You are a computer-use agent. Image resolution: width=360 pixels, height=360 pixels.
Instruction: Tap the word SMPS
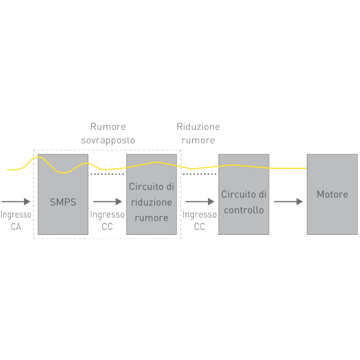63,202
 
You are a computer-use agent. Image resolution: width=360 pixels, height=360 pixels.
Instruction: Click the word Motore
332,195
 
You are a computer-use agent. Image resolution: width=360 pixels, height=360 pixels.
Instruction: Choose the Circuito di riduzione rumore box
151,224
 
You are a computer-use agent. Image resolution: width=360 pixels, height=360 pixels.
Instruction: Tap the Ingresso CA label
16,220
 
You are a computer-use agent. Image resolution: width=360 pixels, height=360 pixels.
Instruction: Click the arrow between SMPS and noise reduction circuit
107,202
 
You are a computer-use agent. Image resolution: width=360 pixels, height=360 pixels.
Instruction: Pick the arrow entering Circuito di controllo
200,202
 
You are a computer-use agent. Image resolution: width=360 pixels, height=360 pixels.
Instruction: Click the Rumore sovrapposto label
108,133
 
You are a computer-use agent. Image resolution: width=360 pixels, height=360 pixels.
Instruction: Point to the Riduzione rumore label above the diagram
198,133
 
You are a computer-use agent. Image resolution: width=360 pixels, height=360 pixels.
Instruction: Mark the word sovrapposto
108,140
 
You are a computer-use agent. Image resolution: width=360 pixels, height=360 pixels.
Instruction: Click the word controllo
244,210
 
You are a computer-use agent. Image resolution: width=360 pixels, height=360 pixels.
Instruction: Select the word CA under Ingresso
16,227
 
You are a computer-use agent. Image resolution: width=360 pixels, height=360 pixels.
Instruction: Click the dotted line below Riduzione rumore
200,174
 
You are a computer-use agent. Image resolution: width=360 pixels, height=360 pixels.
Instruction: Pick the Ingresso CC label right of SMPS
107,220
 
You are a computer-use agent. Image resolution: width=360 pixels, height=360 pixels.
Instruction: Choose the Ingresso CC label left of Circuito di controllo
200,220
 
